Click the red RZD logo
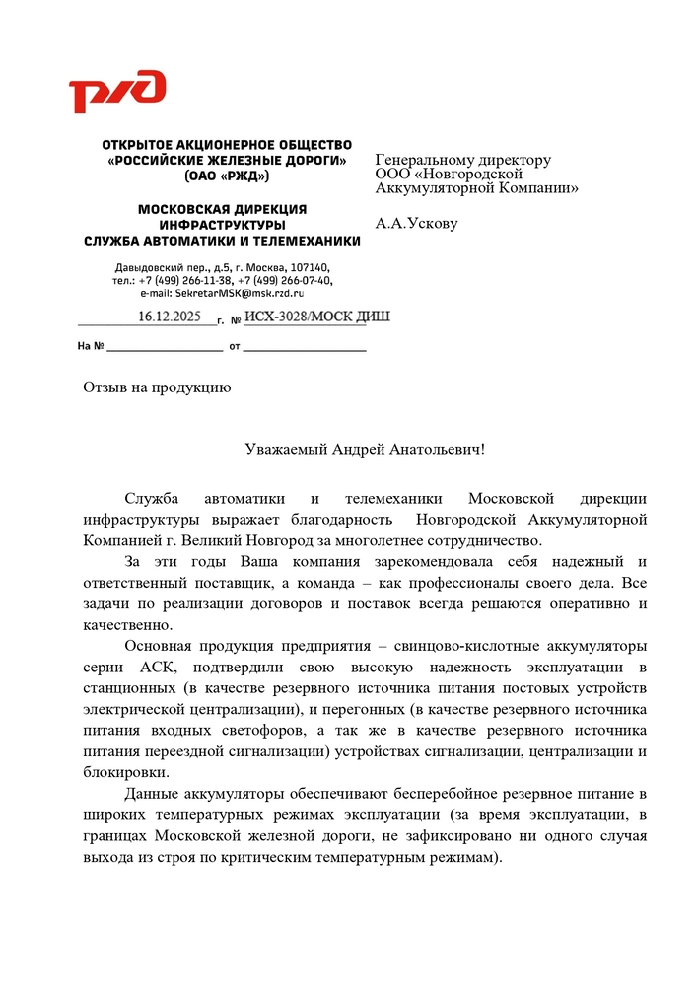116,92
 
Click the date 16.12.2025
169,317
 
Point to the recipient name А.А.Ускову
416,224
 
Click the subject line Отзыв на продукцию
156,387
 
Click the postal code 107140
311,267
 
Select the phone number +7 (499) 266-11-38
184,280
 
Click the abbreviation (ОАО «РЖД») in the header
226,176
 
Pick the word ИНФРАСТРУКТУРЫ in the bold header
222,225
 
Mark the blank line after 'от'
305,348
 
